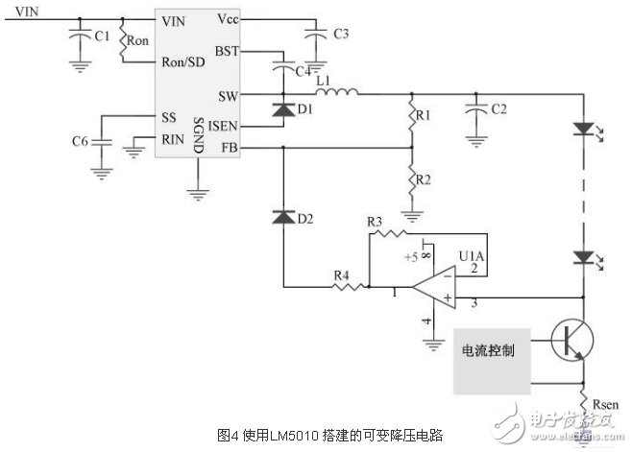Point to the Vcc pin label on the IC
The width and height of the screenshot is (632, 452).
point(229,18)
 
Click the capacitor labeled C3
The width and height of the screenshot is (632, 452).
point(314,35)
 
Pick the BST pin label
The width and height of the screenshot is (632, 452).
point(227,50)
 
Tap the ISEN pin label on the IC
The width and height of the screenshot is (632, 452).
point(223,126)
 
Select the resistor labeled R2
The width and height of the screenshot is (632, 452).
point(412,178)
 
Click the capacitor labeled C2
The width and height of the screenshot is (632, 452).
point(474,110)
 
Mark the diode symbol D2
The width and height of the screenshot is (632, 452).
point(283,218)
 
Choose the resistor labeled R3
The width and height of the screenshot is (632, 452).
point(386,231)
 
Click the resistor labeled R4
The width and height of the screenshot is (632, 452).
point(340,285)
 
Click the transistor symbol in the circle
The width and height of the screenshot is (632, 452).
point(573,342)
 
